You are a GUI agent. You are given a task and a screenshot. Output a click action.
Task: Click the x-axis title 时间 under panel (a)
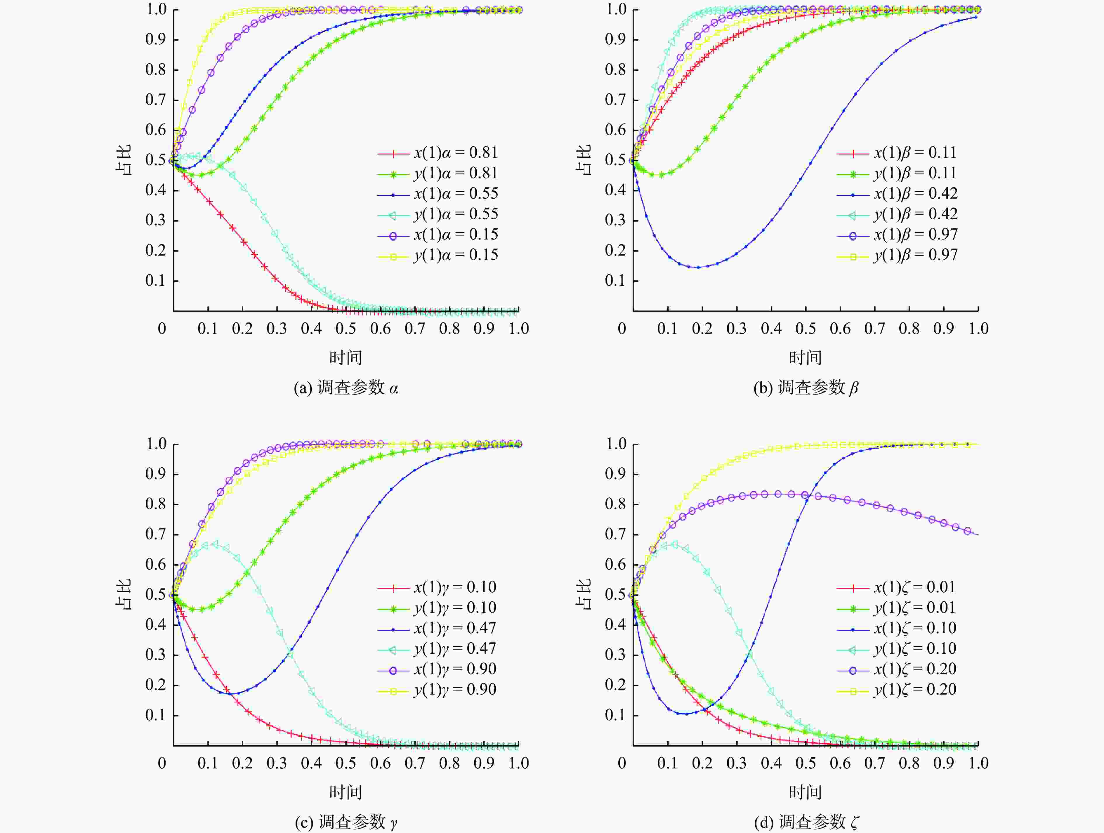(x=346, y=358)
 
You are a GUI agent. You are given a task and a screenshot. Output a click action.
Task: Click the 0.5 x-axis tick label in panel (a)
(x=346, y=328)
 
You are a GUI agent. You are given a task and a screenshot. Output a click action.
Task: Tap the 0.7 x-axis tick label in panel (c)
(x=415, y=763)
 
